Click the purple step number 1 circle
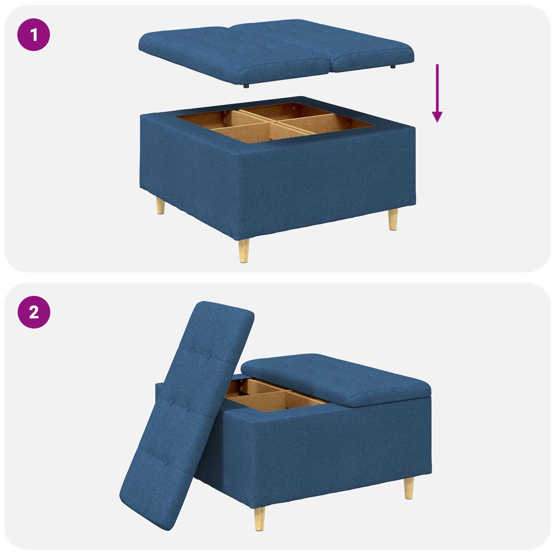pyautogui.click(x=34, y=35)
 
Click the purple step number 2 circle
pyautogui.click(x=34, y=312)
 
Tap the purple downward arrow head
pyautogui.click(x=437, y=117)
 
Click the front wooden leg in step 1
pyautogui.click(x=244, y=250)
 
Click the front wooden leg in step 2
pyautogui.click(x=259, y=519)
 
